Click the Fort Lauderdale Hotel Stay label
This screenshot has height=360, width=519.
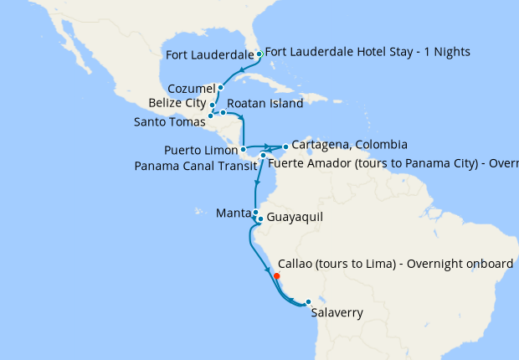[x=368, y=52]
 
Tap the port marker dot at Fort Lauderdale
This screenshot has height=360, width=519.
[x=259, y=54]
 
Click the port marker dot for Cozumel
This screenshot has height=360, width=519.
[x=220, y=87]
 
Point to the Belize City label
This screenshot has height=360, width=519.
[x=177, y=103]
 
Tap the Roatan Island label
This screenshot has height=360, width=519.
[x=265, y=109]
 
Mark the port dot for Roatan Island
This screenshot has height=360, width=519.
[x=223, y=112]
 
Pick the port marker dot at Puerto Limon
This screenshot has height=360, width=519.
[x=243, y=150]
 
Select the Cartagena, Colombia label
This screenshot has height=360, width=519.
[x=349, y=145]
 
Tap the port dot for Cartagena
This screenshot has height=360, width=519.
[x=285, y=147]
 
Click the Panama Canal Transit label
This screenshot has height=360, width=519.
[x=195, y=165]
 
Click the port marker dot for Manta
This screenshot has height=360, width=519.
[x=254, y=213]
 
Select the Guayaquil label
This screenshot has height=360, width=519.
[x=294, y=219]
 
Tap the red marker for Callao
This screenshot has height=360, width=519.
[x=276, y=275]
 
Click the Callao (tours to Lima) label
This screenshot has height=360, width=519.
[x=394, y=264]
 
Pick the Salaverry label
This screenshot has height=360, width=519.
[x=337, y=314]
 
